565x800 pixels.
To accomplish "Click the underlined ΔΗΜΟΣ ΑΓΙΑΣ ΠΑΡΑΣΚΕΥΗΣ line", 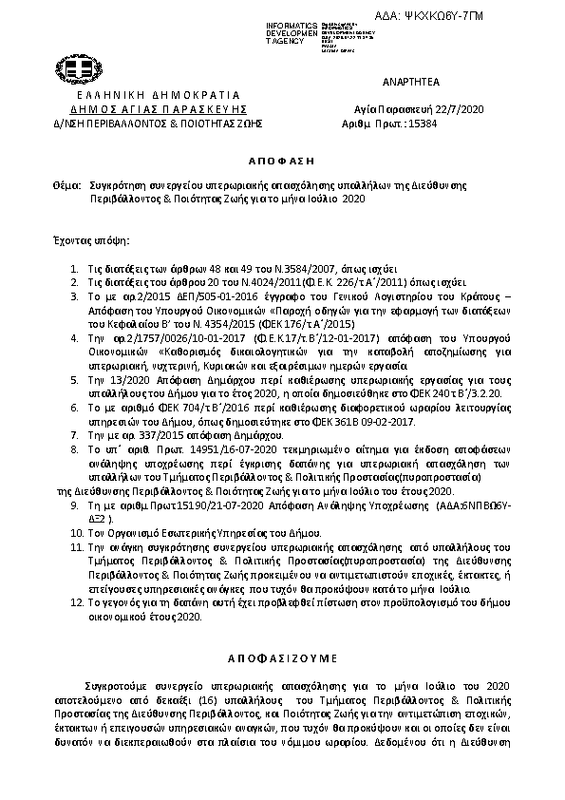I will pyautogui.click(x=153, y=109).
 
